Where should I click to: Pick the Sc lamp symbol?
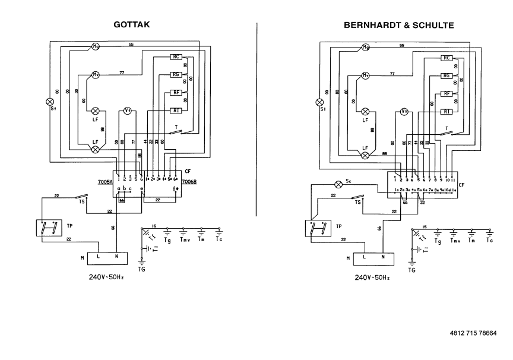coord(340,184)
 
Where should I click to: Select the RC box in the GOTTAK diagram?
coord(176,57)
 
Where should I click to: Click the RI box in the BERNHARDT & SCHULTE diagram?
coord(447,112)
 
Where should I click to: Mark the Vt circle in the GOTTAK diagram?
coord(127,111)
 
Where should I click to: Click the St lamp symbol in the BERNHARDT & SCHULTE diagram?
coord(323,102)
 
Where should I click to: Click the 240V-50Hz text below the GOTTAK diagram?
coord(106,277)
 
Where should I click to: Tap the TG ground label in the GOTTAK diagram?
coord(141,269)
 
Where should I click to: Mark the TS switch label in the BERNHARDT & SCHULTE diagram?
coord(357,202)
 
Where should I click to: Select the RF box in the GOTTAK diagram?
coord(176,93)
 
